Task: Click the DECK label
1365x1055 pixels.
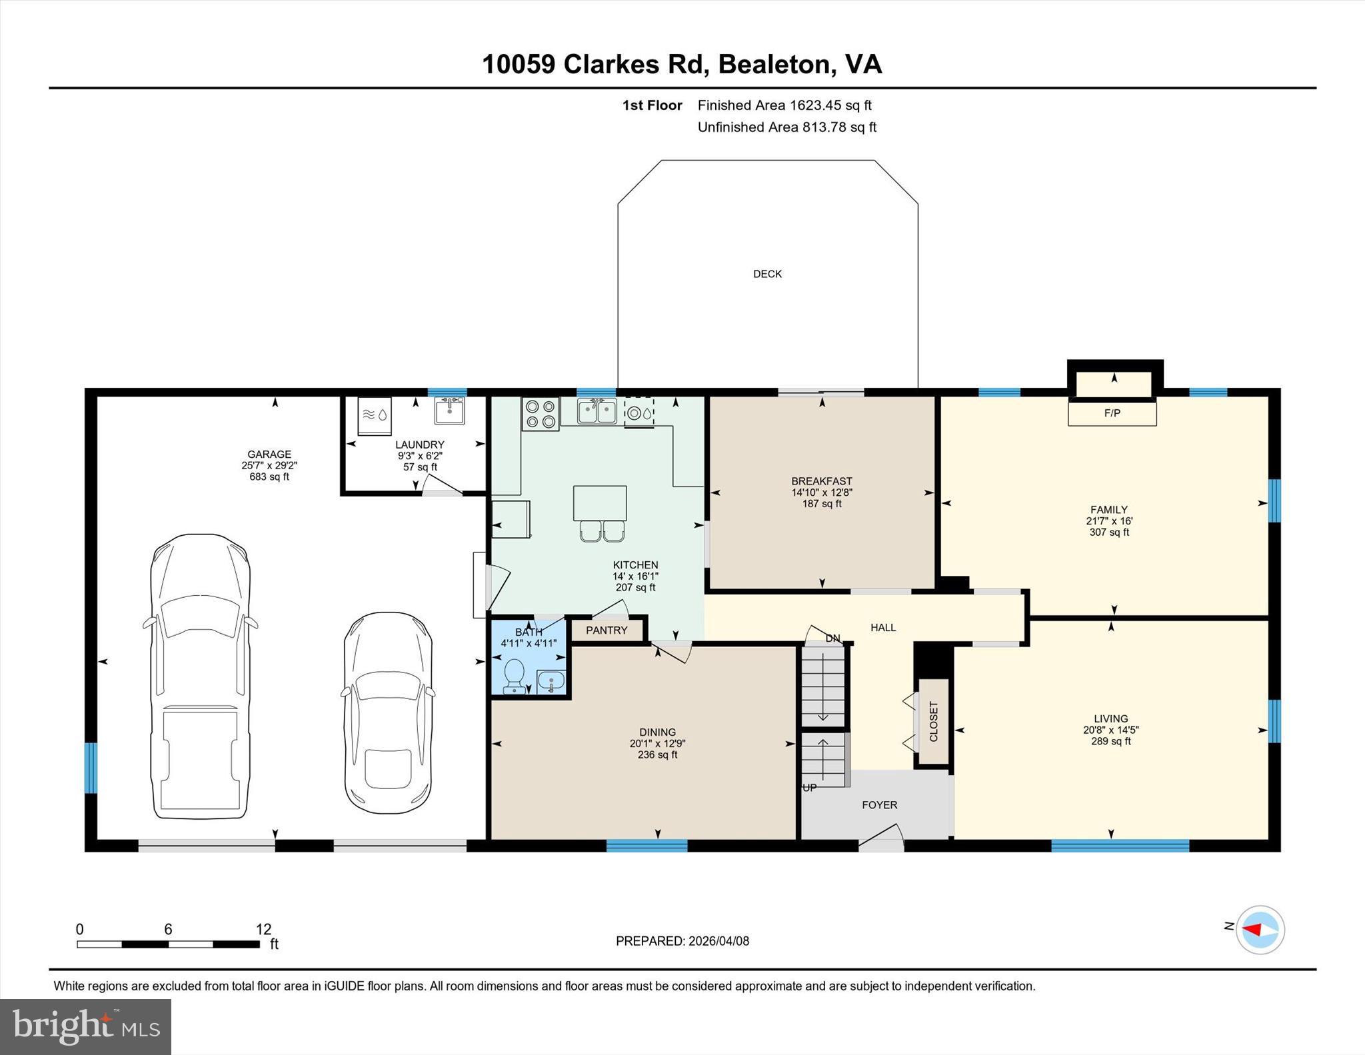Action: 767,274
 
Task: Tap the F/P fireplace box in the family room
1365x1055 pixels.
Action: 1112,413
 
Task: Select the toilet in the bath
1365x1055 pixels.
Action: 514,675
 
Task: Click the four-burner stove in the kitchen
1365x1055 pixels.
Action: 540,413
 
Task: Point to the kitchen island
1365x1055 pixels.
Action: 599,503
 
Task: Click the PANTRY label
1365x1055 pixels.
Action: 607,630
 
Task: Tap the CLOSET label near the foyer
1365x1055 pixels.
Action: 933,721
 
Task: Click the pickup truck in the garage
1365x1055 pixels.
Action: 200,676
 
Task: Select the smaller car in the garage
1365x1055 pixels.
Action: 388,713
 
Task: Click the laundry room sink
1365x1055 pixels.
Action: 450,410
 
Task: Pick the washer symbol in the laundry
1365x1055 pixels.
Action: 375,415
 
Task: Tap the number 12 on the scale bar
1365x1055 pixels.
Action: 263,929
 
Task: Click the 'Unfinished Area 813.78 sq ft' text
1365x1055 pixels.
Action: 786,127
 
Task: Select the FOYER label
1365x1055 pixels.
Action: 879,804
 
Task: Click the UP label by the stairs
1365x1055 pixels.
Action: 809,788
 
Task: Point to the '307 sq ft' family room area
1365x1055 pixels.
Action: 1109,532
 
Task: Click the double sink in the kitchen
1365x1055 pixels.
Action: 597,411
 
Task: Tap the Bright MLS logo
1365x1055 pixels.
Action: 85,1026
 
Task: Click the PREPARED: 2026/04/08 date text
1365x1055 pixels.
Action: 682,941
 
